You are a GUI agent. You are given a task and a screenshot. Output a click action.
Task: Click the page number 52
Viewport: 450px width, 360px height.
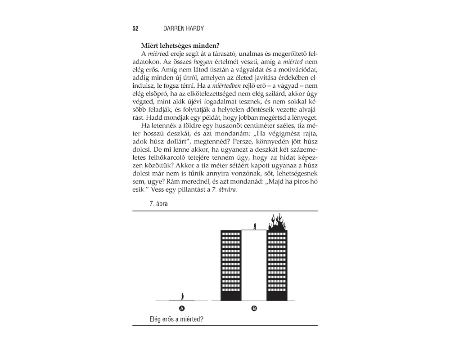pos(135,28)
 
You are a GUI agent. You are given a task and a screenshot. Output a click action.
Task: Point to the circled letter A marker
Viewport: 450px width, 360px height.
pos(182,309)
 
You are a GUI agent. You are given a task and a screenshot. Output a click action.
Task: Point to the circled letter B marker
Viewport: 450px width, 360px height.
pos(254,309)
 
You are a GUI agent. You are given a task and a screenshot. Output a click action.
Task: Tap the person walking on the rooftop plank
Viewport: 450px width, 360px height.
pos(255,226)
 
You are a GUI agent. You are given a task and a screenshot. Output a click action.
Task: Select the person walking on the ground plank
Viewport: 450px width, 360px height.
pos(182,296)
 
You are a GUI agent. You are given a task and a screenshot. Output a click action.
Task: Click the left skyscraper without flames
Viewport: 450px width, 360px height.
pos(231,265)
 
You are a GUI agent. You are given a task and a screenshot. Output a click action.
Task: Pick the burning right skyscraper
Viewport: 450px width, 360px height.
pos(277,265)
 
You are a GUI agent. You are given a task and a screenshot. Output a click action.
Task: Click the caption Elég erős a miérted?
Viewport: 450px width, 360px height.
pos(176,320)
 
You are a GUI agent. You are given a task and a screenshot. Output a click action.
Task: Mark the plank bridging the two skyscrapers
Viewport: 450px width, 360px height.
pos(254,230)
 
